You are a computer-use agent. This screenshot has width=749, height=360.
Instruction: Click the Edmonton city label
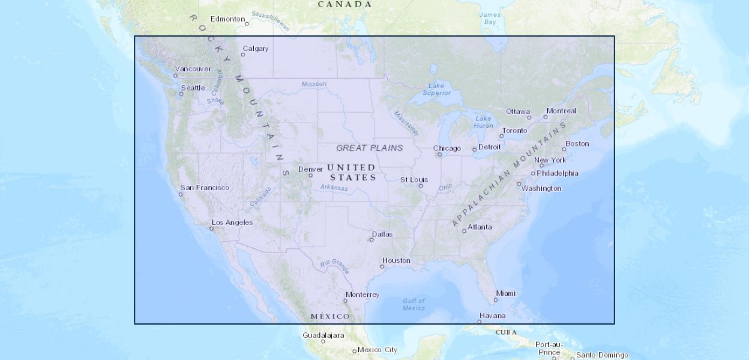pos(227,19)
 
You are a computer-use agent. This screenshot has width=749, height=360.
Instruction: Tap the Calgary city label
pos(256,49)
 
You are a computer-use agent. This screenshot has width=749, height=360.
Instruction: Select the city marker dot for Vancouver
pos(175,76)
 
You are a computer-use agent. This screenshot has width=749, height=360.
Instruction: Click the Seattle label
pos(193,88)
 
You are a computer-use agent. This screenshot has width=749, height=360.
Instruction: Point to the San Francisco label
pos(205,188)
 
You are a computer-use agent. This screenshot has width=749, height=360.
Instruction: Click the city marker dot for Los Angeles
pos(212,229)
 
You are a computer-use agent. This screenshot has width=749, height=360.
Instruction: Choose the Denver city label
pos(310,169)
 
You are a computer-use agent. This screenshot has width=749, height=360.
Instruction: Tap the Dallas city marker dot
pos(371,240)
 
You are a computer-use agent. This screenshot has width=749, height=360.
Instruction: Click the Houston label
pos(397,260)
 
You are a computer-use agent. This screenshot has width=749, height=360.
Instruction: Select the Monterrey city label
pos(363,295)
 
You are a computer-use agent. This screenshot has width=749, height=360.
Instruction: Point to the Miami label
pos(506,293)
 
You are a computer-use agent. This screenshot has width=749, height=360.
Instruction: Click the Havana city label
pos(492,316)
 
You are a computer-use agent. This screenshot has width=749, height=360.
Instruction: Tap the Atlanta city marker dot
pos(464,231)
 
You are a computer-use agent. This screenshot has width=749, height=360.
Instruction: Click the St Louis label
pos(414,180)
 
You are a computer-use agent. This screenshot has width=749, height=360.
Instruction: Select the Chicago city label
pos(447,148)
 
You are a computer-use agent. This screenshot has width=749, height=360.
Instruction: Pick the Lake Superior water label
pos(436,89)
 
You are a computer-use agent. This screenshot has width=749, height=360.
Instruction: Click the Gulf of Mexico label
pos(414,304)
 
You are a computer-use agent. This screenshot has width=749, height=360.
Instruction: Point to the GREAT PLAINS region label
pos(370,148)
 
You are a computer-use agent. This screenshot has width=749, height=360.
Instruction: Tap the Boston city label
pos(577,143)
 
